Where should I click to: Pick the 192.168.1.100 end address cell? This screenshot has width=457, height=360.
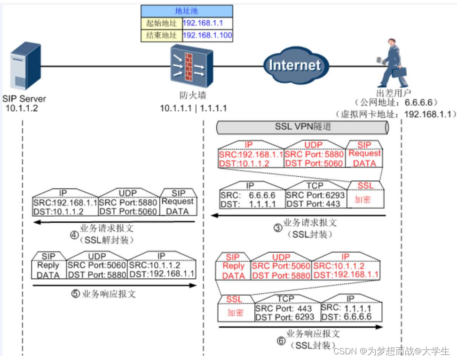[207, 35]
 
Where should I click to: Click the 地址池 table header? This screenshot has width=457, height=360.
[187, 11]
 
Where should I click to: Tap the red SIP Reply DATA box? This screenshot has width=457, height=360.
[233, 268]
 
